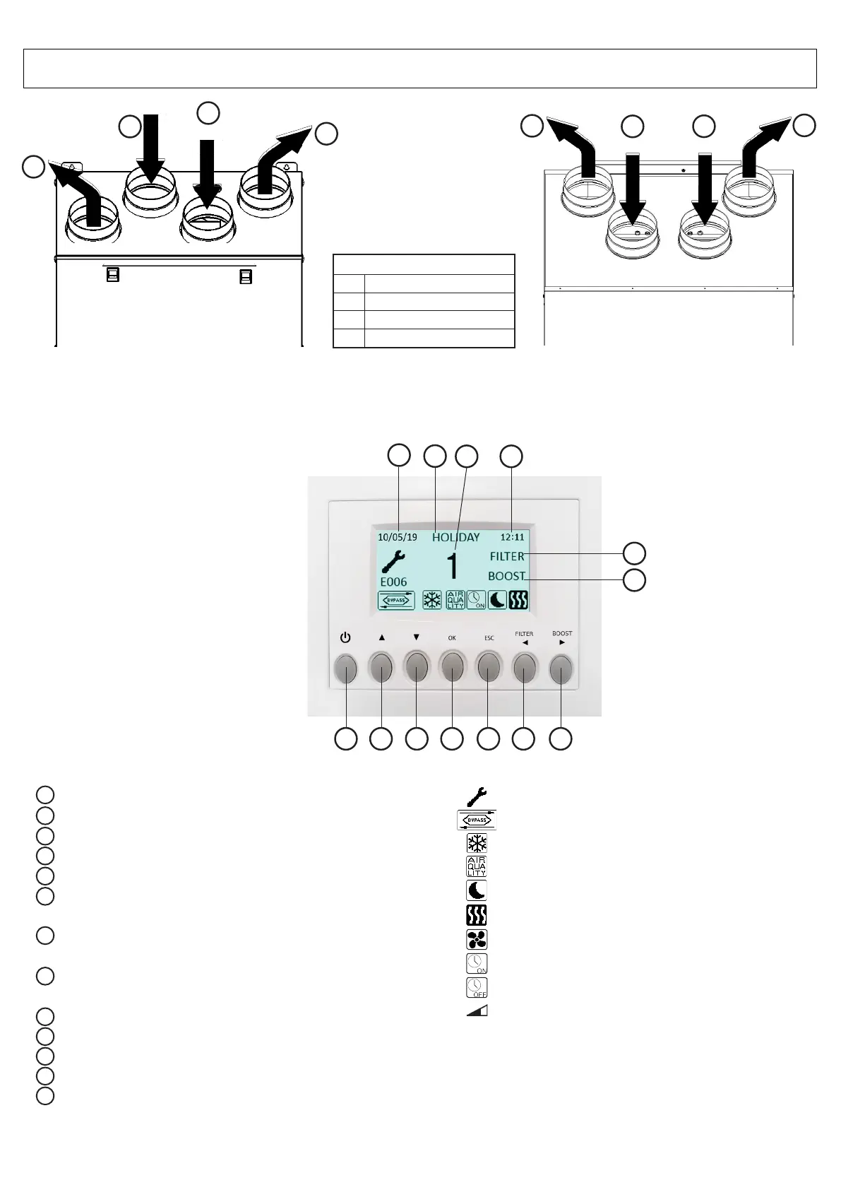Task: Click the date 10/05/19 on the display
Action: [x=398, y=537]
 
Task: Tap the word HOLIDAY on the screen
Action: [x=455, y=537]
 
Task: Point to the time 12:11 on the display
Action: [x=513, y=537]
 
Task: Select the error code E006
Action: [x=393, y=582]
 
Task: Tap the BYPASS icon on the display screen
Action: [x=396, y=601]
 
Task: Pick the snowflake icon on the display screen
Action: [x=431, y=601]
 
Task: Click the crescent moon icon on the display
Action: [x=498, y=601]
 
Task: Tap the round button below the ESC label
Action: [x=488, y=668]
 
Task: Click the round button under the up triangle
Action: [x=381, y=668]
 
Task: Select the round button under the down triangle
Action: [x=417, y=668]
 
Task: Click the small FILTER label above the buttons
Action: [x=524, y=634]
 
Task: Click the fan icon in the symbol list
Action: [x=477, y=939]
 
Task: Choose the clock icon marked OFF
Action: [x=477, y=987]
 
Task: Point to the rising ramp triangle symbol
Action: [x=477, y=1011]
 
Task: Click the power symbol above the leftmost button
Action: [x=345, y=638]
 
